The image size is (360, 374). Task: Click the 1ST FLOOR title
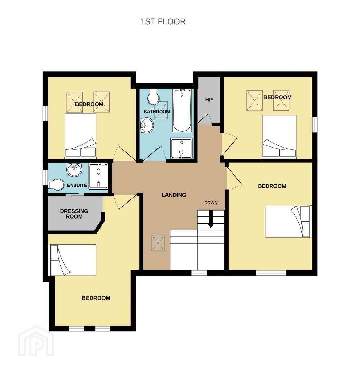click(163, 22)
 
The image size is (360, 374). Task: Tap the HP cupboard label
click(209, 100)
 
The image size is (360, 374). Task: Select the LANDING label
click(174, 195)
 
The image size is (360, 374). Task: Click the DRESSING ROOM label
click(74, 214)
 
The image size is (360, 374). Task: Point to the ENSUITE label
click(77, 185)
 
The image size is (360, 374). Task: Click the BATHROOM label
click(157, 112)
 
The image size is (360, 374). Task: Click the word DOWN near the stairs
click(211, 203)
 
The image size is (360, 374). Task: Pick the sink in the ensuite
click(74, 170)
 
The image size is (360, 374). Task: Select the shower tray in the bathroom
click(181, 148)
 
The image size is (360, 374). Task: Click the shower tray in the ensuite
click(98, 177)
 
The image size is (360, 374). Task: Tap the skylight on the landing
click(158, 243)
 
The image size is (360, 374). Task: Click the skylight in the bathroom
click(161, 110)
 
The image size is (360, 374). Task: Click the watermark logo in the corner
click(36, 341)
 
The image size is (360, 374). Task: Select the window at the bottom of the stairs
click(199, 273)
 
